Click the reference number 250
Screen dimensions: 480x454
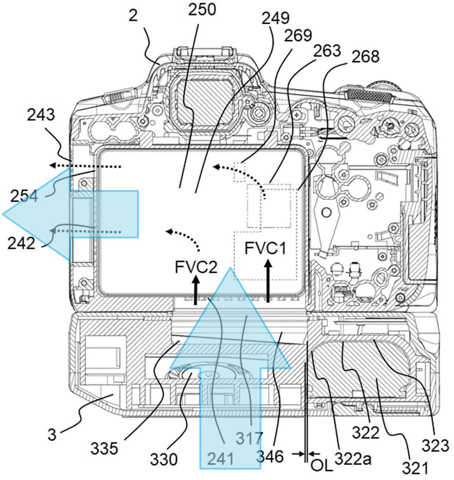[202, 9]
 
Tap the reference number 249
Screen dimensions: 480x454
[275, 18]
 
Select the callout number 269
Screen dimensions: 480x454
[298, 35]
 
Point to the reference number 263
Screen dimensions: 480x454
[327, 50]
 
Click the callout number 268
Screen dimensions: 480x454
[365, 57]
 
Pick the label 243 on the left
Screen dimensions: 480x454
[41, 115]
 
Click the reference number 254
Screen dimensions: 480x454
[24, 197]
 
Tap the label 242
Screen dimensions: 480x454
[21, 243]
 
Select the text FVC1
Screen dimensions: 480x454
[265, 248]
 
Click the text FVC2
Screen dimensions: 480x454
[196, 267]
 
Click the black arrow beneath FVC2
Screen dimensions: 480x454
[196, 290]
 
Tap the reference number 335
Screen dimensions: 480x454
[104, 448]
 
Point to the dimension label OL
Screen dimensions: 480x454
[322, 465]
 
